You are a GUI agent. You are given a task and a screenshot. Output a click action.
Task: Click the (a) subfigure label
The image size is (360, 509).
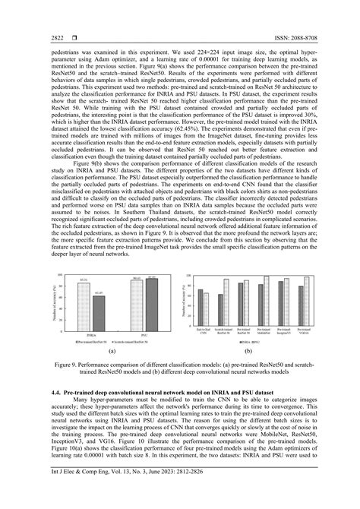pos(112,355)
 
